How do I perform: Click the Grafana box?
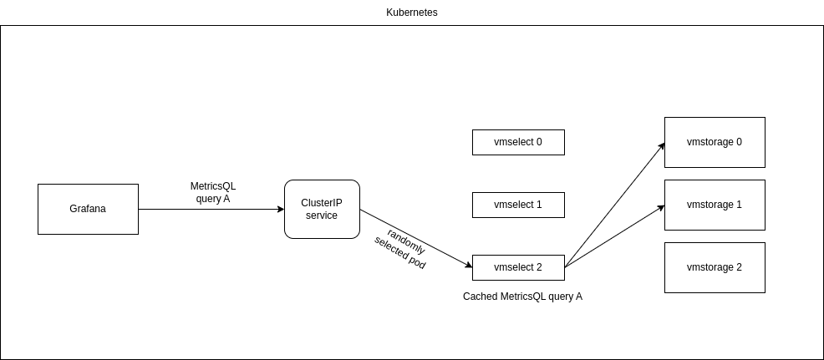click(x=88, y=209)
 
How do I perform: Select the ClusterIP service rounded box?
click(x=322, y=209)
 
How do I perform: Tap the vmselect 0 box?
click(x=518, y=142)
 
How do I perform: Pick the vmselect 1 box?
click(x=518, y=205)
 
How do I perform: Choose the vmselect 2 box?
click(x=518, y=267)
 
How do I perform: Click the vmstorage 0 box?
click(x=715, y=142)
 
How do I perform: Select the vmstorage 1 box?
click(x=715, y=205)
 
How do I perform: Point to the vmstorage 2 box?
click(x=715, y=267)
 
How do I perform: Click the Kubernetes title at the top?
click(x=411, y=13)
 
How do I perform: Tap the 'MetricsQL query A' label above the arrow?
click(x=213, y=192)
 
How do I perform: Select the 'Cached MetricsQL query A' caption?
click(x=522, y=297)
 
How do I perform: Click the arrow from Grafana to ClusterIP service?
click(x=209, y=209)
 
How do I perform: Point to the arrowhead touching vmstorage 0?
click(x=661, y=146)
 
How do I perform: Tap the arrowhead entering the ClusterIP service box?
click(x=280, y=209)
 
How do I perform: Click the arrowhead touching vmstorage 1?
click(x=660, y=206)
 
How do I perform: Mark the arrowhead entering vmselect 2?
click(x=468, y=266)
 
